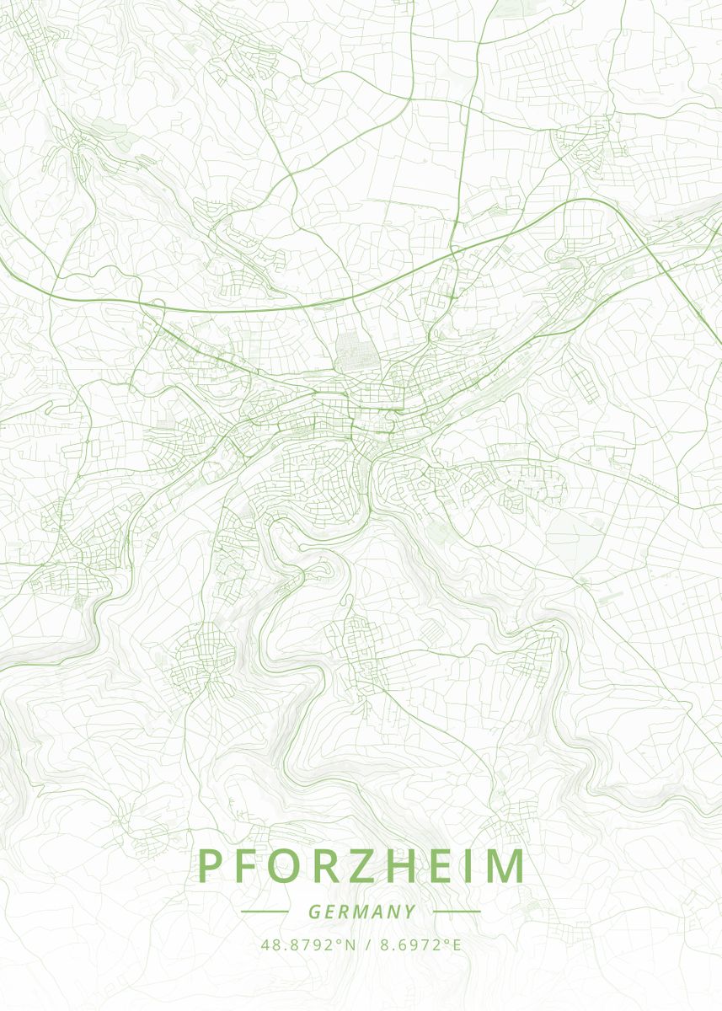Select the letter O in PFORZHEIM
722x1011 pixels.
286,866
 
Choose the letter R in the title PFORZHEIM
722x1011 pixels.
328,866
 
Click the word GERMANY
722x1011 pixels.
361,912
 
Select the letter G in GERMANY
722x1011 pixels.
313,912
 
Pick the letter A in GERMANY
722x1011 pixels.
377,912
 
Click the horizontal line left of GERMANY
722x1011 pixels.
265,912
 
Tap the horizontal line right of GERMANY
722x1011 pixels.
457,912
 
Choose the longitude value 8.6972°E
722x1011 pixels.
420,944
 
